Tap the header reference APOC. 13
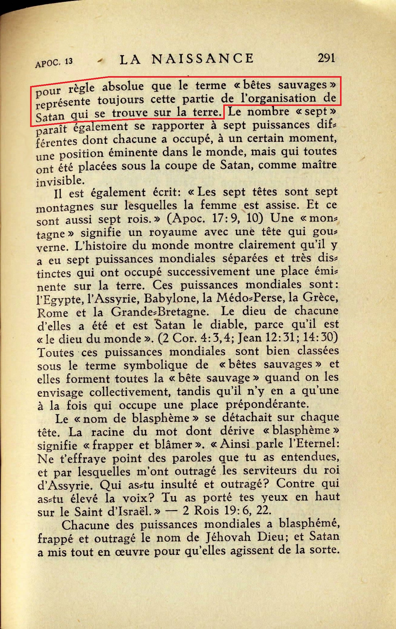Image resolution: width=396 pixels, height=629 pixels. pos(54,62)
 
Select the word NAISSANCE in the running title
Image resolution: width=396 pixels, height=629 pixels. pos(203,58)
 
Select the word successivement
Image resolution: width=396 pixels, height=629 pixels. pos(209,272)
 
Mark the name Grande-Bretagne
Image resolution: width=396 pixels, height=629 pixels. pos(159,311)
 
